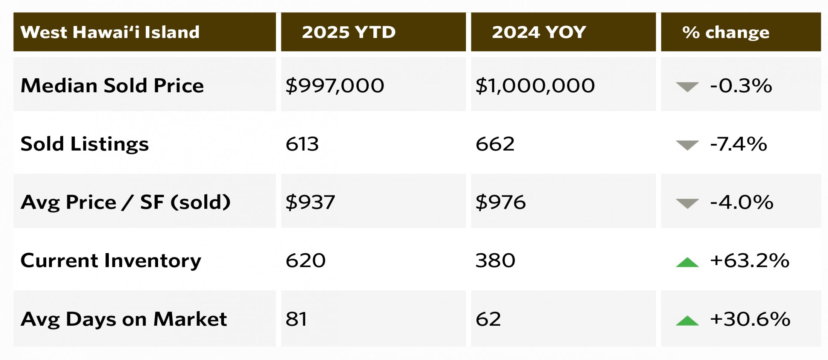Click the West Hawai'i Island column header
click(110, 32)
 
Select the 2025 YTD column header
click(349, 32)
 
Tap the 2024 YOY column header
click(539, 32)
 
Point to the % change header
click(725, 32)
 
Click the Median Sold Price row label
click(112, 85)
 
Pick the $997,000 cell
click(335, 85)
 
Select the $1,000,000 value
click(535, 85)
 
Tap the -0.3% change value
click(741, 85)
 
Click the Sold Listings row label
click(85, 144)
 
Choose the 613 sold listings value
click(302, 144)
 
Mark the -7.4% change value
click(738, 144)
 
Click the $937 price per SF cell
click(310, 202)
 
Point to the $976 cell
click(501, 202)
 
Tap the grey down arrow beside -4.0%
click(687, 203)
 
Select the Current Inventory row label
click(111, 261)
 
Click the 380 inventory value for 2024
click(495, 261)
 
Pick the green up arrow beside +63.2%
click(687, 262)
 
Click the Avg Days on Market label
click(123, 319)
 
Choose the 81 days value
click(296, 319)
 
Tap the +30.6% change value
click(750, 319)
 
